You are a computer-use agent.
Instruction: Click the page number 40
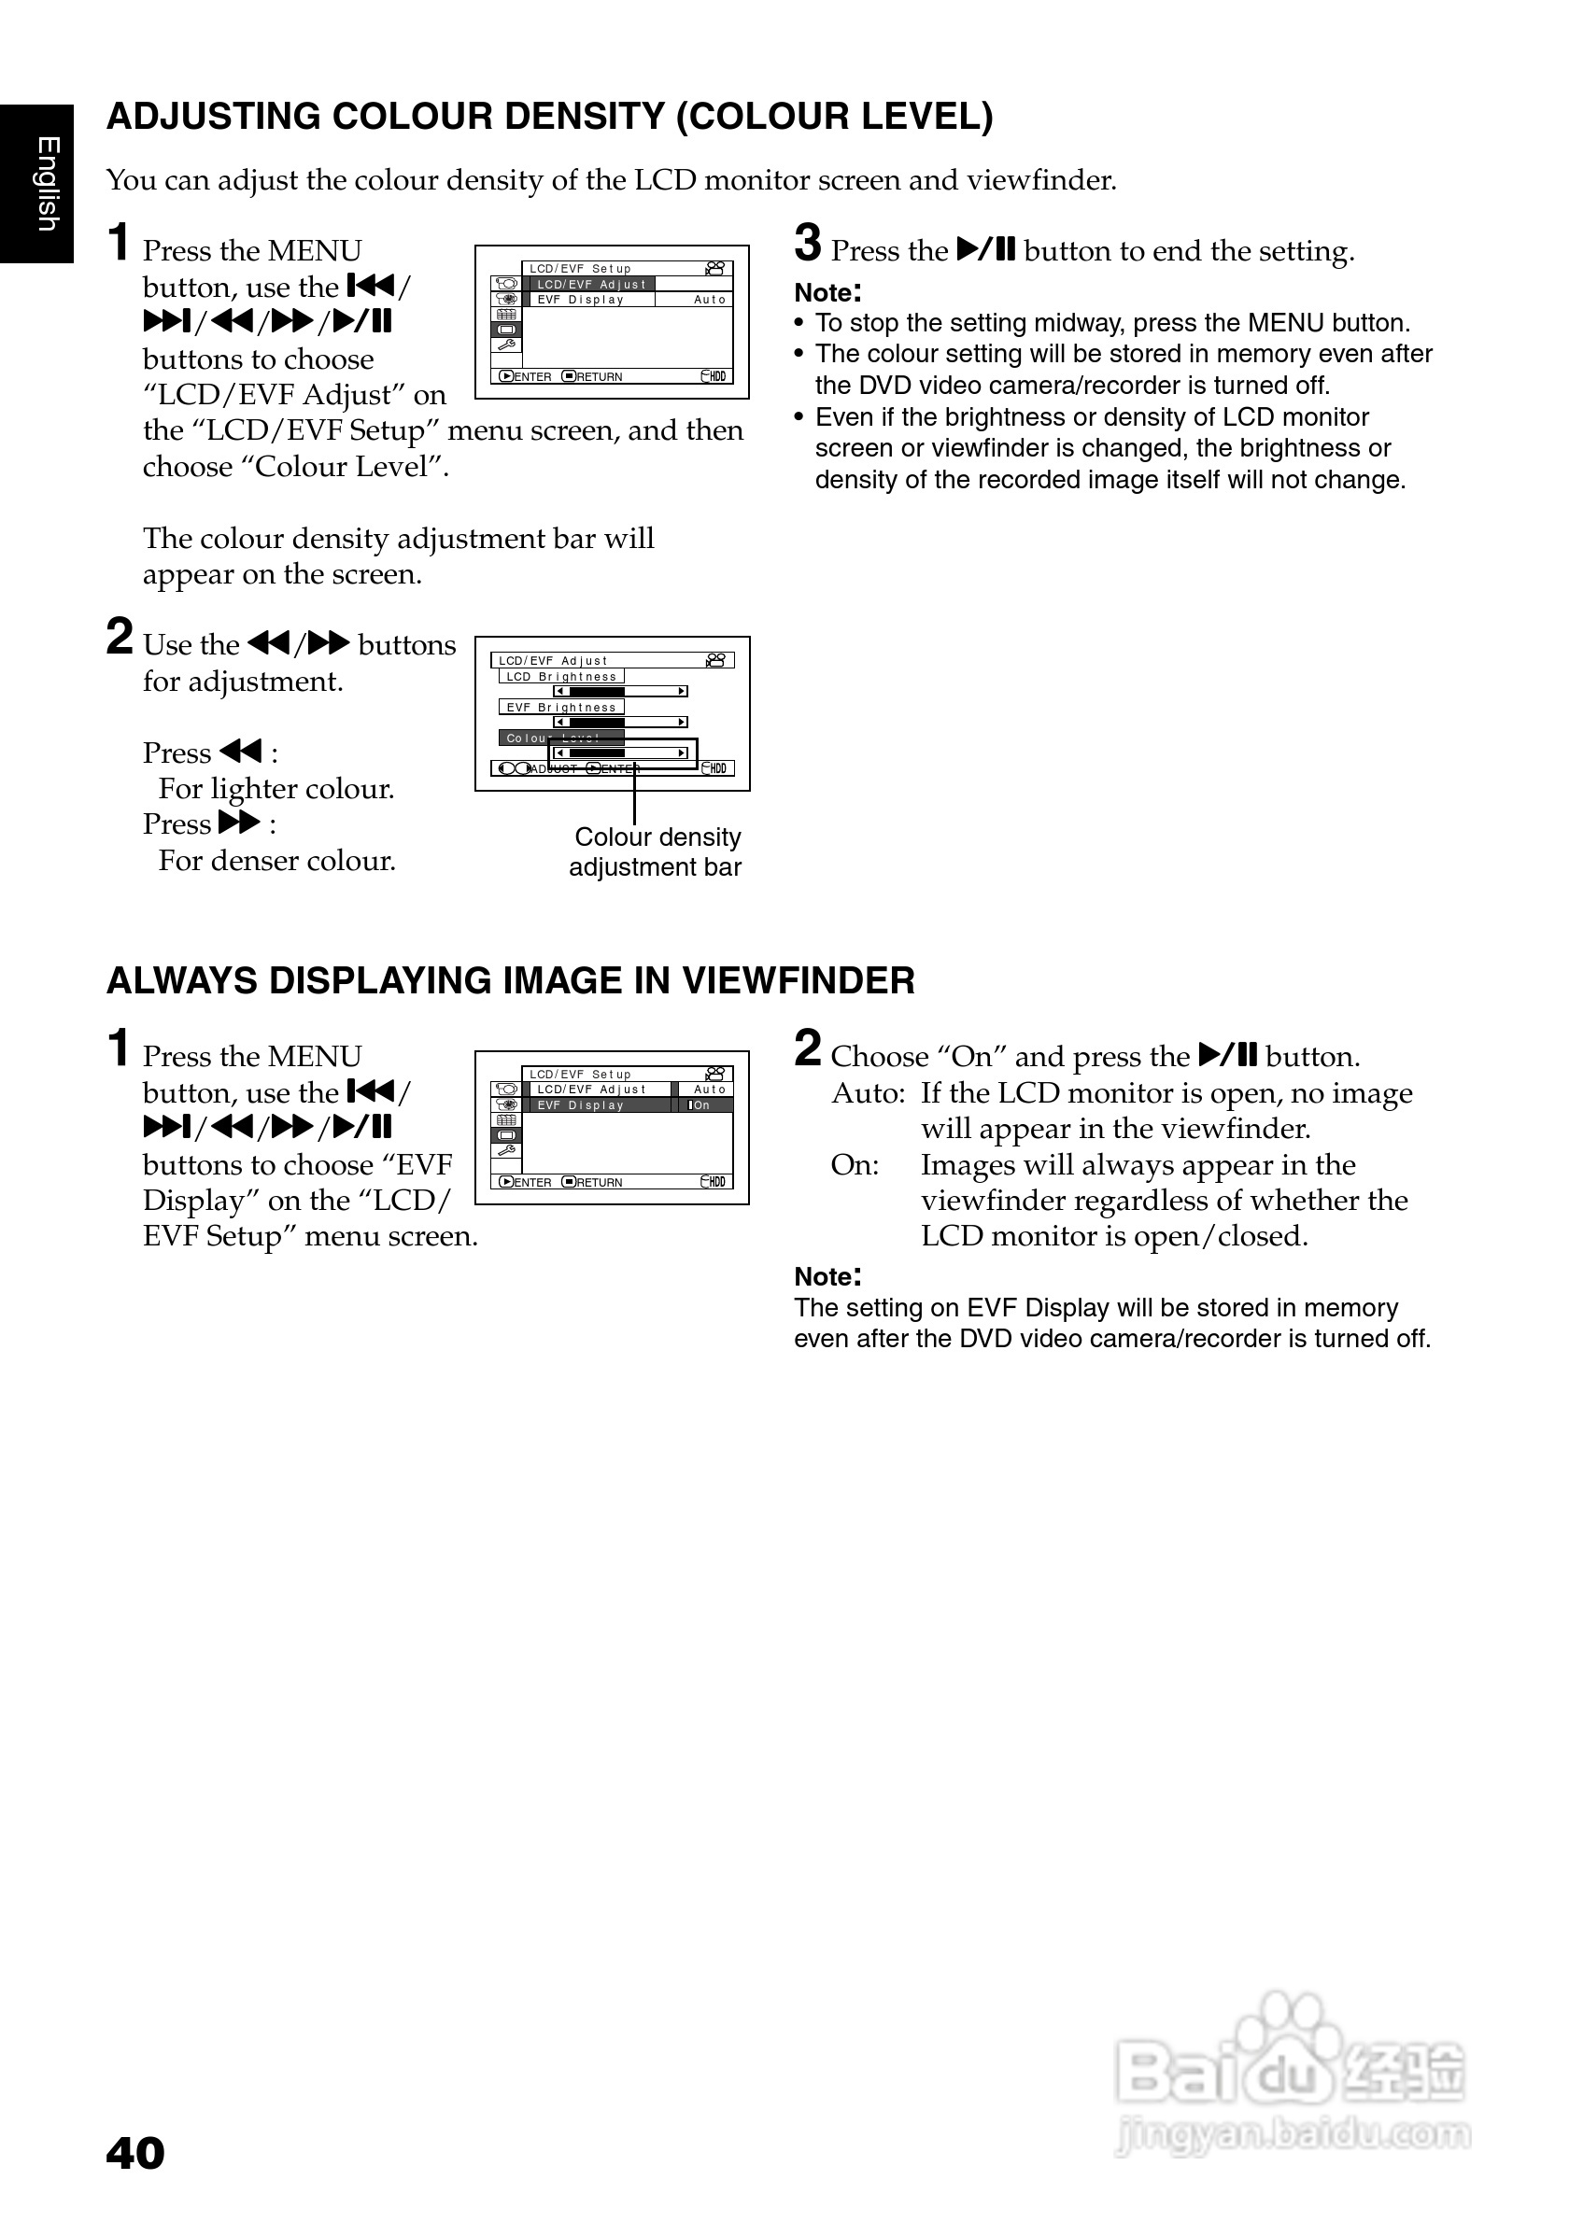click(x=135, y=2153)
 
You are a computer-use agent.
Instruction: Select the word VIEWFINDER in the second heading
click(x=799, y=980)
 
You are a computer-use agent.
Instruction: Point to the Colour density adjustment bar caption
click(x=657, y=851)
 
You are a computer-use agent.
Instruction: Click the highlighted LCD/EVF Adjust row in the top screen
click(x=590, y=285)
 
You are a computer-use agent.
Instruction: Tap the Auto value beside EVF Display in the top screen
click(x=710, y=300)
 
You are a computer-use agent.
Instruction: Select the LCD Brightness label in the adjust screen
click(x=561, y=677)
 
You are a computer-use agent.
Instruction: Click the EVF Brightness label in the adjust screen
click(x=561, y=708)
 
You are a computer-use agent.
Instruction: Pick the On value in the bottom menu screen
click(x=700, y=1105)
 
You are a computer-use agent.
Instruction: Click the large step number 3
click(x=808, y=243)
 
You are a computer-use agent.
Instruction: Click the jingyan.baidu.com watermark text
click(x=1293, y=2134)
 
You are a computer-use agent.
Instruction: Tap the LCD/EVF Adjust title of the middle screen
click(x=553, y=661)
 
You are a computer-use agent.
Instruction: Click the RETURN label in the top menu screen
click(x=598, y=376)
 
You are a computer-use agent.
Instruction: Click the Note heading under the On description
click(x=827, y=1275)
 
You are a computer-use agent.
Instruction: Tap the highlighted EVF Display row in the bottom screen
click(x=601, y=1105)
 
